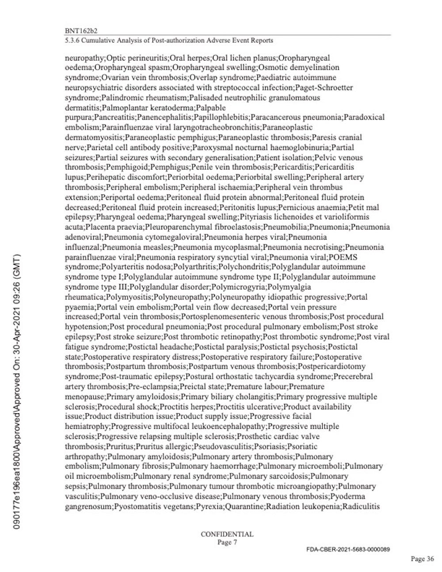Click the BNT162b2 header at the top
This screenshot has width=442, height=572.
tap(81, 31)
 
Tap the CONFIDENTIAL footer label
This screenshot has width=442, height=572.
tap(227, 534)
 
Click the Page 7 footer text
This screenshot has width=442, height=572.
tap(227, 542)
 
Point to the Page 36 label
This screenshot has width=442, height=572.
tap(422, 559)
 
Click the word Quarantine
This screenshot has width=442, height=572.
tap(244, 506)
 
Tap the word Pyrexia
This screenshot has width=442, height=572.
tap(210, 506)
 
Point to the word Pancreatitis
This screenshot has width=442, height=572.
tap(114, 118)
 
